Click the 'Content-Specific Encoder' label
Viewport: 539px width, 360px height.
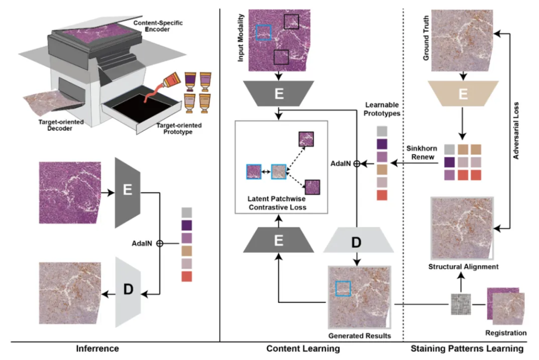click(x=158, y=27)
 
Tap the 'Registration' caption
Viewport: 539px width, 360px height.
click(x=506, y=333)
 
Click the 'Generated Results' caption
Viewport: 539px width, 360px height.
click(x=360, y=335)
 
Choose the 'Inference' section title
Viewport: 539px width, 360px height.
click(x=97, y=348)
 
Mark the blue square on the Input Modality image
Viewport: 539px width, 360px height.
click(x=263, y=33)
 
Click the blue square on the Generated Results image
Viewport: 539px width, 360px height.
click(x=343, y=288)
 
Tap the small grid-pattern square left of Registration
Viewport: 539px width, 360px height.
click(x=459, y=304)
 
